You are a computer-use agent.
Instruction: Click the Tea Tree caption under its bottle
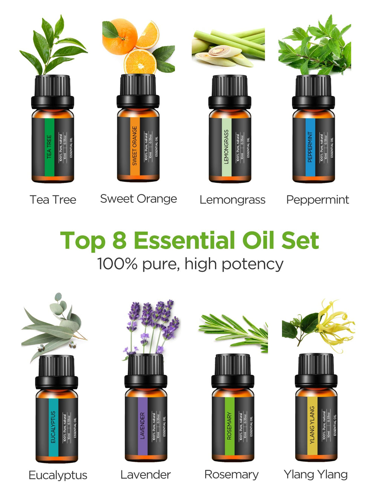pyautogui.click(x=53, y=200)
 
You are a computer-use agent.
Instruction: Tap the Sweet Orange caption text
pyautogui.click(x=138, y=199)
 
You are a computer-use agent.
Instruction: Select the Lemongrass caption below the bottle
pyautogui.click(x=232, y=200)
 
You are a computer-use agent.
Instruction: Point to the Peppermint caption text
pyautogui.click(x=317, y=200)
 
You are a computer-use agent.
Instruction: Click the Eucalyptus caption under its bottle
pyautogui.click(x=58, y=475)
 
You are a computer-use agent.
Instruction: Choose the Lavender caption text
pyautogui.click(x=146, y=474)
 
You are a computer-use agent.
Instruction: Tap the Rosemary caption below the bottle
pyautogui.click(x=231, y=474)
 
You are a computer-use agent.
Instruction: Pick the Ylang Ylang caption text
pyautogui.click(x=316, y=474)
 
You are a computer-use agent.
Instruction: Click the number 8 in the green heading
pyautogui.click(x=119, y=240)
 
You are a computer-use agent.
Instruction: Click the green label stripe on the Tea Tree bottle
pyautogui.click(x=49, y=147)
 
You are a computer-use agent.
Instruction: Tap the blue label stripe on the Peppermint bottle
pyautogui.click(x=310, y=147)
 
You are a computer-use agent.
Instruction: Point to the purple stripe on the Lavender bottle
pyautogui.click(x=143, y=426)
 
